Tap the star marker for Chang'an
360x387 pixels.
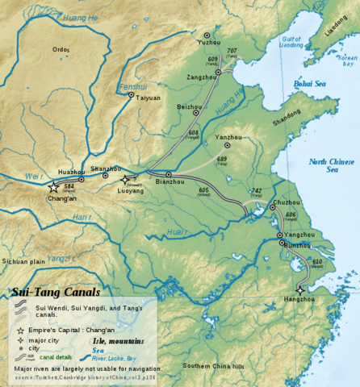click(54, 187)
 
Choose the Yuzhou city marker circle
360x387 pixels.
click(207, 35)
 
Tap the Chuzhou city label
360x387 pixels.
click(287, 202)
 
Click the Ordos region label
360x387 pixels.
click(39, 48)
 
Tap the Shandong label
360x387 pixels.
click(287, 123)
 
